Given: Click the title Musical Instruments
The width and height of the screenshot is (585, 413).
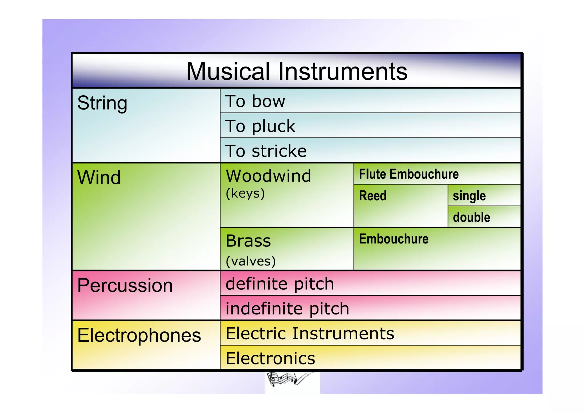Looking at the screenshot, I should (296, 71).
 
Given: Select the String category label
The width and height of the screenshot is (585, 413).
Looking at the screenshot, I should (102, 103).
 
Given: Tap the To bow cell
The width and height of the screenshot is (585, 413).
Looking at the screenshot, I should (255, 101).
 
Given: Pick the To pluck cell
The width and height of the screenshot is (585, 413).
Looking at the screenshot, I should (260, 126).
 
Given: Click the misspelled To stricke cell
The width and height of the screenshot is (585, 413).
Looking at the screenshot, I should (266, 151).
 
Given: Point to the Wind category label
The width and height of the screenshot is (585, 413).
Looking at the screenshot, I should (99, 178).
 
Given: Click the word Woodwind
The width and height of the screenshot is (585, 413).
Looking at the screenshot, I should (268, 176).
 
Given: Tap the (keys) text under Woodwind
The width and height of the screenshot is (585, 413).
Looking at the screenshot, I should (245, 194).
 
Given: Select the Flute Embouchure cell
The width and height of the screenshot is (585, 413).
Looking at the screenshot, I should (408, 174).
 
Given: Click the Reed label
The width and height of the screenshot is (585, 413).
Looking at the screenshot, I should (372, 196).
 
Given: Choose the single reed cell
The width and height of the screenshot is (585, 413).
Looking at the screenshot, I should (469, 196).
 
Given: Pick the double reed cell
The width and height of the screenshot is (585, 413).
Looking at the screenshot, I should (471, 217).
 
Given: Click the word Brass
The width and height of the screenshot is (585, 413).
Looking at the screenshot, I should (248, 241).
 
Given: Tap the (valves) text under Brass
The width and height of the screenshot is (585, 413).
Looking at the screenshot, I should (251, 261).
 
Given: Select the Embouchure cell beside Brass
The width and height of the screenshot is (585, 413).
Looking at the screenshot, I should (394, 239).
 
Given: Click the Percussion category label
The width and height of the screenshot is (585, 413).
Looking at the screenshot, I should (125, 285).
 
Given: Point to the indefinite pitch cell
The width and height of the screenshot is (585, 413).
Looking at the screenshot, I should (287, 309).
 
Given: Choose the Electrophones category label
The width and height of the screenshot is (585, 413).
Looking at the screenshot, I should (139, 335).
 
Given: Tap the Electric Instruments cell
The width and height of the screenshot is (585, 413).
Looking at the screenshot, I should (310, 333).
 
